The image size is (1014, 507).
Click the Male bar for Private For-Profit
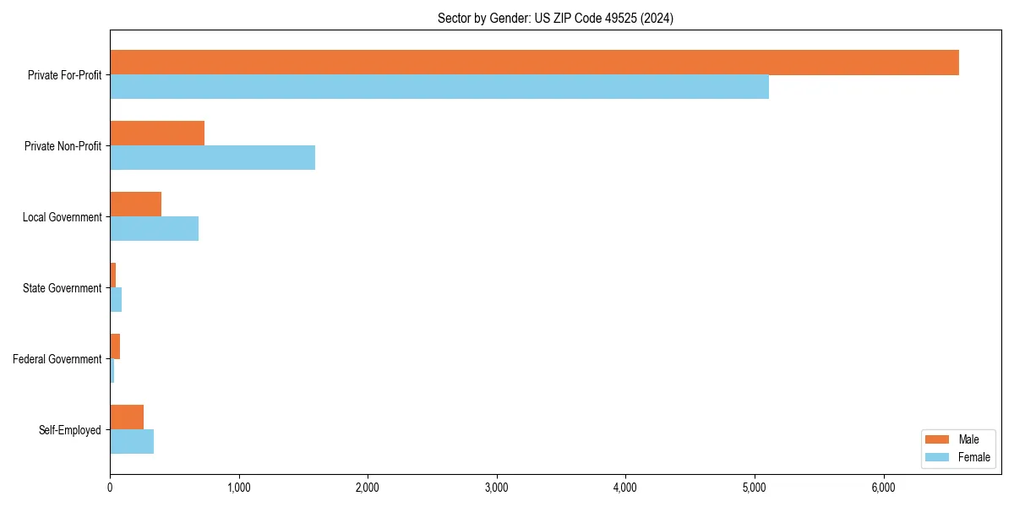[534, 63]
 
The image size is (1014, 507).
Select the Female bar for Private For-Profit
[439, 87]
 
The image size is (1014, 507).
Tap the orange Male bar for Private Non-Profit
[157, 134]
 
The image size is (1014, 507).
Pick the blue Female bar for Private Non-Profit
[212, 158]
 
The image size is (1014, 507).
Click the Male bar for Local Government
[135, 204]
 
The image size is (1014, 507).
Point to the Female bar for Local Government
[154, 229]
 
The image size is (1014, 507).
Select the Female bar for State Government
[116, 300]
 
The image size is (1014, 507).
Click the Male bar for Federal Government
[115, 346]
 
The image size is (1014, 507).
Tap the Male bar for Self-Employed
[127, 417]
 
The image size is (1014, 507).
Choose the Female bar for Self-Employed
[132, 442]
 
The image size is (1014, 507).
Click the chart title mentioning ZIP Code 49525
[555, 18]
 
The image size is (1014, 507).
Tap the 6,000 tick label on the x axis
[883, 488]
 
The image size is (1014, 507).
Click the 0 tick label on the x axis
[110, 488]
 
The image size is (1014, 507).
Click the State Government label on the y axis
[62, 288]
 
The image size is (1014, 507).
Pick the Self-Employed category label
[69, 430]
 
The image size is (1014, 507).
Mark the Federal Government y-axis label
[57, 359]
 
